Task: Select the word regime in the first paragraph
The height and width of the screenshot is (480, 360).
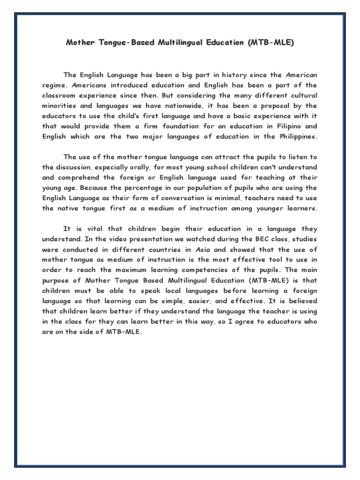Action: click(54, 85)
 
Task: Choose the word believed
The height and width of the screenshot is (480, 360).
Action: click(300, 301)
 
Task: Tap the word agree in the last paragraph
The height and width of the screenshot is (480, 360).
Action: click(255, 322)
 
